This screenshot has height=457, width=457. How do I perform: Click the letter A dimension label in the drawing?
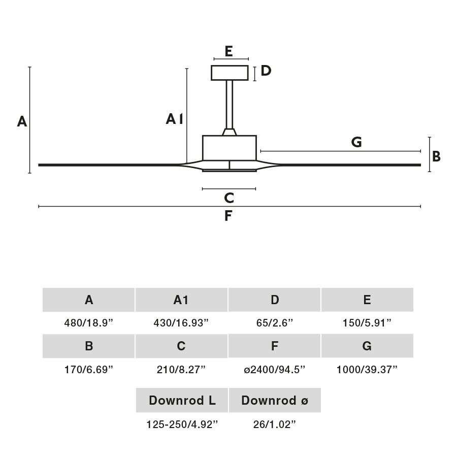[x=22, y=122]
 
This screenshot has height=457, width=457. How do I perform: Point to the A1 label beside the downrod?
[x=174, y=119]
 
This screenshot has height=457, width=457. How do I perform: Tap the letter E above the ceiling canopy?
[x=228, y=51]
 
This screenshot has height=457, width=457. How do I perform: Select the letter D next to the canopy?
[x=266, y=71]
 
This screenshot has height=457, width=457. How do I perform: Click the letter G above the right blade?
[x=356, y=143]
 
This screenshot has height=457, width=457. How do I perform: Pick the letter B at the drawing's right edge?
[x=436, y=156]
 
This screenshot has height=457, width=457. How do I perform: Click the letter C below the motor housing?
[x=229, y=198]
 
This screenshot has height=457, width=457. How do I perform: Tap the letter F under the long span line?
[x=228, y=216]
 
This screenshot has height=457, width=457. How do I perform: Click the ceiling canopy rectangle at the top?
[x=230, y=73]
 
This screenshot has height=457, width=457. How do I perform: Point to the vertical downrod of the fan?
[x=230, y=104]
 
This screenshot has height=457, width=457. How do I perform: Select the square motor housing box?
[x=230, y=148]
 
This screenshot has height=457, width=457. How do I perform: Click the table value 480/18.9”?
[x=89, y=323]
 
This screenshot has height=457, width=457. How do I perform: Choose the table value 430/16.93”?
[x=181, y=323]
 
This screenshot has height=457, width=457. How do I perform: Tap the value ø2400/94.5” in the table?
[x=274, y=369]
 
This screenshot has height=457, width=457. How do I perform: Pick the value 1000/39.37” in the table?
[x=367, y=369]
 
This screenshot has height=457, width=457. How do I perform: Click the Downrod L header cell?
[x=182, y=400]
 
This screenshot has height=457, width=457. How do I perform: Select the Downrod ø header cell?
[x=274, y=400]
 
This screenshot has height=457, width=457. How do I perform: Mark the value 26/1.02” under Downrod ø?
[x=274, y=425]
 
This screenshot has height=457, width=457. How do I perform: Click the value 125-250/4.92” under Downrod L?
[x=182, y=425]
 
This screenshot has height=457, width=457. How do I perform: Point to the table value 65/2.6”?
[x=274, y=323]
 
